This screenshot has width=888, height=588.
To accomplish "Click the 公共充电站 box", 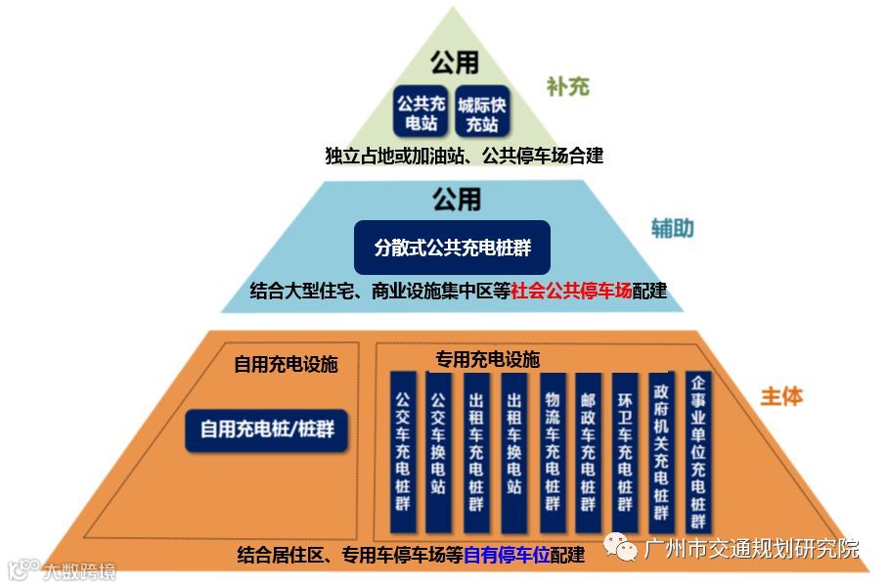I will click(x=422, y=113).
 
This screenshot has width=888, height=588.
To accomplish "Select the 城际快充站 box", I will click(x=482, y=113).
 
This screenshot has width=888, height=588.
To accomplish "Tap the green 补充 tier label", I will click(x=567, y=86).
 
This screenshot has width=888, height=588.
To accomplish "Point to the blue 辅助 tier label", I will click(x=673, y=228).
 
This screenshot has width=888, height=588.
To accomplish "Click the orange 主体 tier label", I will click(x=781, y=395).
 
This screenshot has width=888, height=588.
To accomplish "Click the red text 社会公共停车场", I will click(x=572, y=291).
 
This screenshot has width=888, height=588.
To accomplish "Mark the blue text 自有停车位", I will click(x=507, y=555).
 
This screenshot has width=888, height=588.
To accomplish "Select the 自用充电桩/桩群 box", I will click(x=267, y=429).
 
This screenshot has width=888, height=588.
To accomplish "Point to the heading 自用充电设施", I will click(x=285, y=365).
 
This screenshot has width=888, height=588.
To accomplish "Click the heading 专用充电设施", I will click(x=486, y=359).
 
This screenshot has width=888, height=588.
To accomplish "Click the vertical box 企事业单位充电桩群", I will click(x=698, y=446).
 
